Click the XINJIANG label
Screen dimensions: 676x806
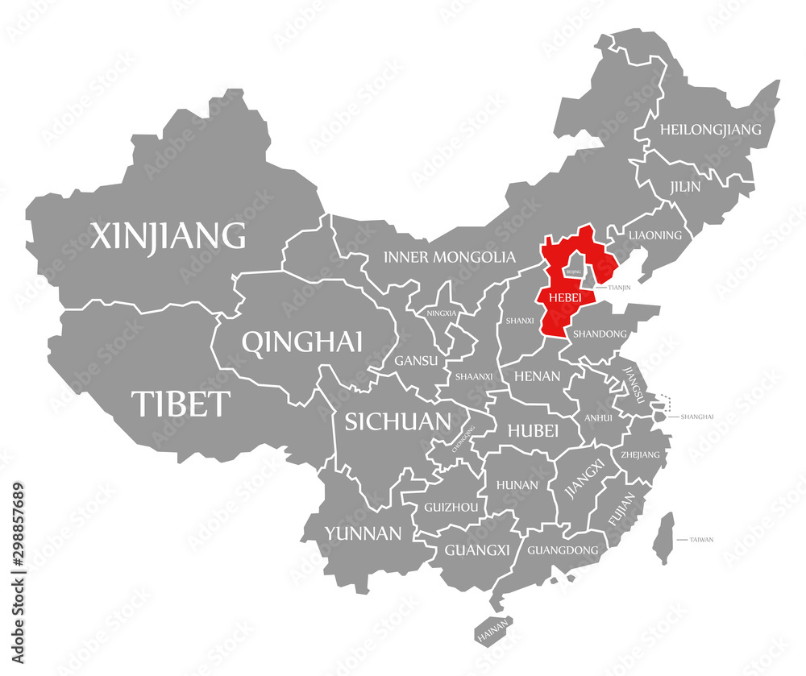(x=168, y=236)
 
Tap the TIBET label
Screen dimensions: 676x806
(x=181, y=403)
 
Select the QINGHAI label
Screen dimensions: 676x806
(x=301, y=342)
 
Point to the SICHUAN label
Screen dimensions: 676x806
(x=397, y=421)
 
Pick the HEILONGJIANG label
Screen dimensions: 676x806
(x=710, y=129)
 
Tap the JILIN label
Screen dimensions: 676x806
(x=685, y=186)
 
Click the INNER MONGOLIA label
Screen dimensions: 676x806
(x=449, y=257)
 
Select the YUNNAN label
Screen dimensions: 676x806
(x=363, y=533)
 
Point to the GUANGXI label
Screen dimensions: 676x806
(x=477, y=550)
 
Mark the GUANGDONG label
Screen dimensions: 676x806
(x=563, y=550)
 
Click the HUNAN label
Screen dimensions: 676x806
(x=517, y=485)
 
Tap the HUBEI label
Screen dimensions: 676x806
(x=533, y=431)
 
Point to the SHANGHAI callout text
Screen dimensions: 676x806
(x=697, y=417)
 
